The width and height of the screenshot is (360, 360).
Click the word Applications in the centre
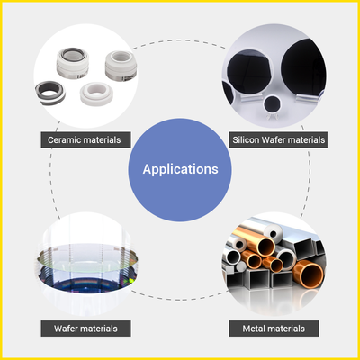[180, 169]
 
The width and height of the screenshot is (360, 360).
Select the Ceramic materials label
[85, 139]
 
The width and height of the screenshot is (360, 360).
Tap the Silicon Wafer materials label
[278, 139]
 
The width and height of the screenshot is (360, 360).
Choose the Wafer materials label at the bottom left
[85, 328]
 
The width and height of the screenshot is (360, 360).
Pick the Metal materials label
[274, 328]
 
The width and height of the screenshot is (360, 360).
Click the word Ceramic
[64, 140]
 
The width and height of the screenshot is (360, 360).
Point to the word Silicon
[246, 140]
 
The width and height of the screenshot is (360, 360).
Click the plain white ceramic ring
[96, 94]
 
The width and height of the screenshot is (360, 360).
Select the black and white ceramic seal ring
[49, 93]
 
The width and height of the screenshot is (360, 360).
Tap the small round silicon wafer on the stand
[273, 103]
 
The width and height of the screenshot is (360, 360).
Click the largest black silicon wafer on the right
[303, 67]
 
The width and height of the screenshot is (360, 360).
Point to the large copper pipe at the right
[308, 274]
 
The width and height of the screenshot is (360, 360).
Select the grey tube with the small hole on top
[273, 232]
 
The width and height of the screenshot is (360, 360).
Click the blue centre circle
[180, 170]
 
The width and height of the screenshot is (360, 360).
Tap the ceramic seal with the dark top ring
[73, 63]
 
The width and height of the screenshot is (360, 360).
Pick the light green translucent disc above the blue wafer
[87, 258]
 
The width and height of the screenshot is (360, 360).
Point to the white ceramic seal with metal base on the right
[121, 66]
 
